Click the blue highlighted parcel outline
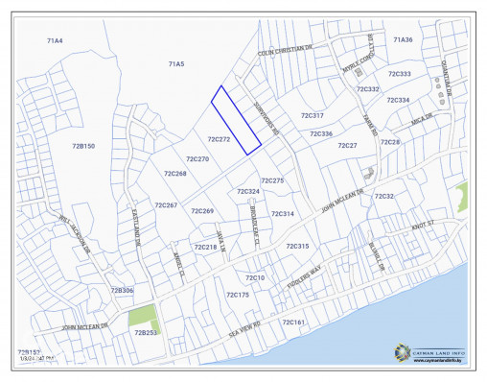click(236, 119)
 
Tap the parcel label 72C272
click(219, 139)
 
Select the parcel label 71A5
click(175, 63)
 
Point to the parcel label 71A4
click(55, 41)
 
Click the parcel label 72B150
click(83, 146)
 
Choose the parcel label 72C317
click(312, 115)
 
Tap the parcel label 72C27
click(347, 145)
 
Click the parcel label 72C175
click(236, 295)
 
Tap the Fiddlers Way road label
click(304, 275)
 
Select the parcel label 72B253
click(145, 331)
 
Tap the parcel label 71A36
click(403, 39)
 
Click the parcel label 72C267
click(166, 205)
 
